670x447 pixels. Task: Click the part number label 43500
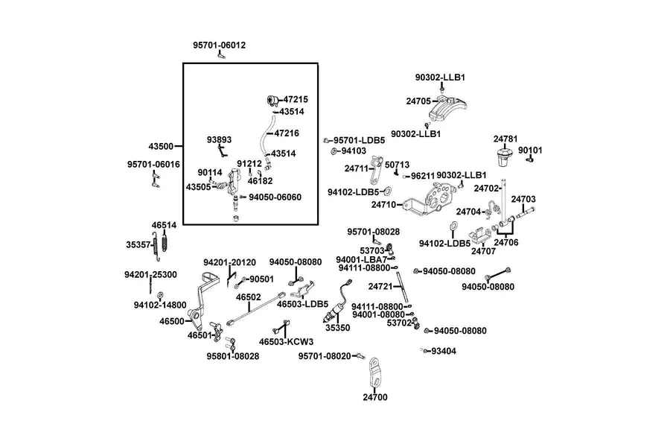point(161,146)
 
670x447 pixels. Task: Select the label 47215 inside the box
point(296,99)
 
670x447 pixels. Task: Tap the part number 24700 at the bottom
point(375,397)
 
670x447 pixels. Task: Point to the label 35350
point(337,328)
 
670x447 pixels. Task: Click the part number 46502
point(248,297)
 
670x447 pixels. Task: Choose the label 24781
point(505,139)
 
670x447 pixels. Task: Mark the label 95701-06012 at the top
point(219,45)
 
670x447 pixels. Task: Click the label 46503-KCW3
point(287,342)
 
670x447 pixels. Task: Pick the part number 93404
point(444,351)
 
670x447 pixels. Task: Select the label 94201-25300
point(150,275)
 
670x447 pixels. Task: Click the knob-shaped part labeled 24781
point(504,157)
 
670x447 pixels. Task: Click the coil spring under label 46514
point(165,241)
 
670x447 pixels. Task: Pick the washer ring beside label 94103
point(334,151)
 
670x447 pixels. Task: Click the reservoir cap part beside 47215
point(272,101)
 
